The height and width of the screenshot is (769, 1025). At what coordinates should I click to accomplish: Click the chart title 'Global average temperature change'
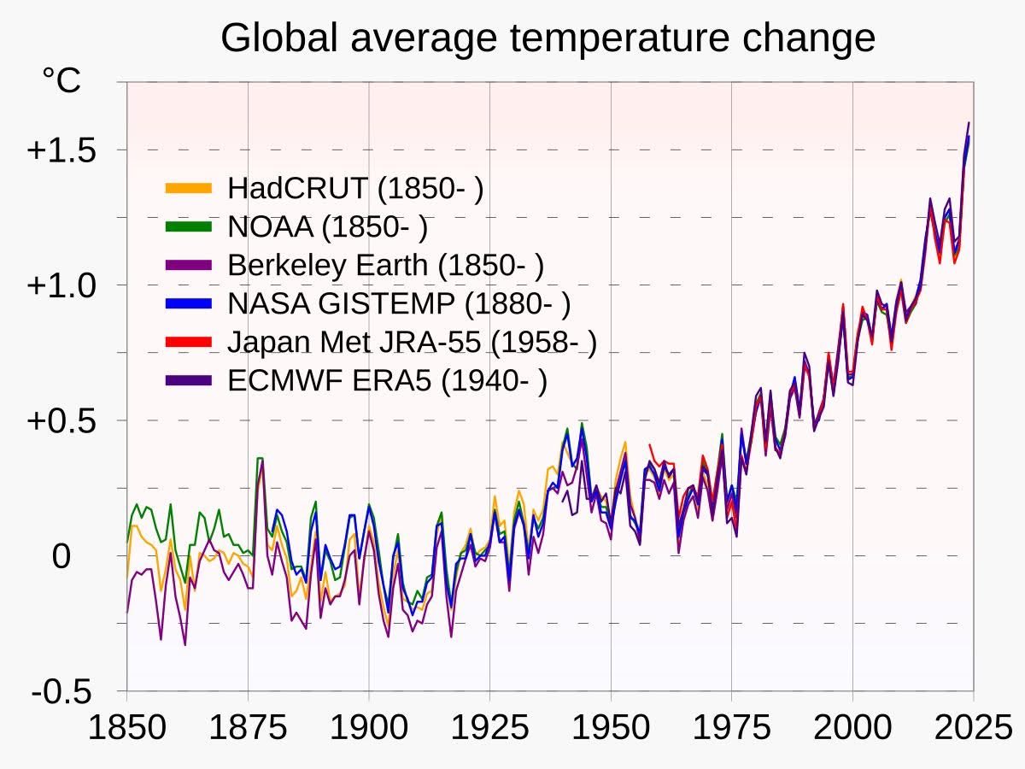coord(548,38)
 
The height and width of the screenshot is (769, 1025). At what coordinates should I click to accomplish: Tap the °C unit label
coord(61,81)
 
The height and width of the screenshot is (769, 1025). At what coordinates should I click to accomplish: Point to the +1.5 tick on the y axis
coord(62,150)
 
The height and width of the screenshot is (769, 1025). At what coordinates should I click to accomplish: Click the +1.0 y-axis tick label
coord(62,285)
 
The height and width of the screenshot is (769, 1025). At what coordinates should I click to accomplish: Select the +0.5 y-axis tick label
coord(62,420)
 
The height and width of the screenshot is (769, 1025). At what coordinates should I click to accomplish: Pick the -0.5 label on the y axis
coord(62,691)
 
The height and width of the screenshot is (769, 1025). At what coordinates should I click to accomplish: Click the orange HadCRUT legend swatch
coord(188,188)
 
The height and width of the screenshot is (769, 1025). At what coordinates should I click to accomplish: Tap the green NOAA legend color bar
coord(188,226)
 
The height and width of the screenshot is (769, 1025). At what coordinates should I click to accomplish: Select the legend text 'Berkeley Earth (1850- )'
coord(385,265)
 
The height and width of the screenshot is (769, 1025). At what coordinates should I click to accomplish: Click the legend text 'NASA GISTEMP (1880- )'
coord(399,303)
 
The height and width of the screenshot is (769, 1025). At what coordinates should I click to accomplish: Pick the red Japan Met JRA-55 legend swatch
coord(188,342)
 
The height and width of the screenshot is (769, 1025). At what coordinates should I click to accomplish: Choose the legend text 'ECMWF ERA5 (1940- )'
coord(387,380)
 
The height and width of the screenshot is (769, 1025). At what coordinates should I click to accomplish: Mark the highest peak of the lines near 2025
coord(969,123)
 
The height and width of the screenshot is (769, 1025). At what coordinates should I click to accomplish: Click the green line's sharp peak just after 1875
coord(260,459)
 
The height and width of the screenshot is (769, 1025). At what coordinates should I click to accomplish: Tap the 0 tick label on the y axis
coord(61,556)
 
